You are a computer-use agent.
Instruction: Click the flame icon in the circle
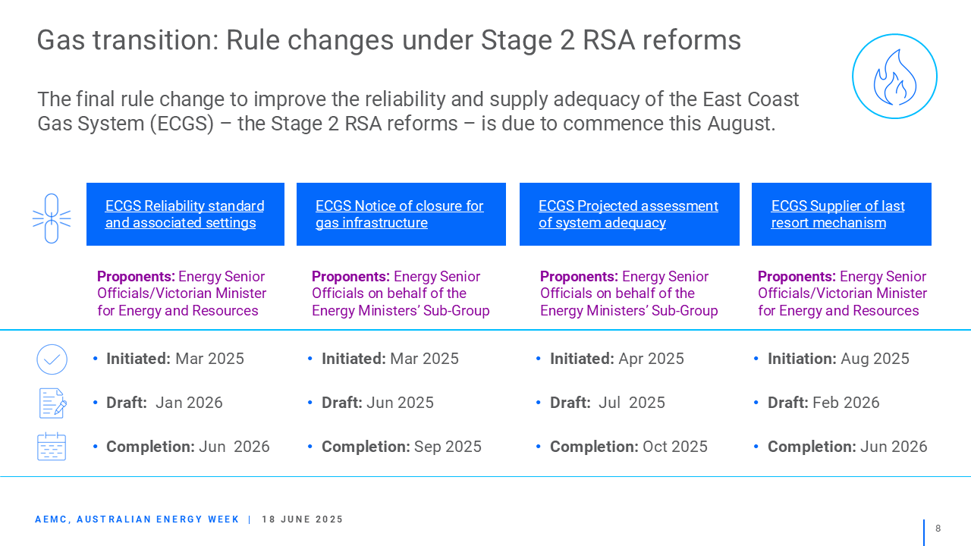[894, 77]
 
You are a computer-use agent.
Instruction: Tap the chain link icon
[52, 218]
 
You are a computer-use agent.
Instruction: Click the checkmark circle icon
[52, 359]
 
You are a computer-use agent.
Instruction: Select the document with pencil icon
[53, 403]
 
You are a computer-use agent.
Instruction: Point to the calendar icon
[52, 447]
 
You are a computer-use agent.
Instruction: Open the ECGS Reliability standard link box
[186, 214]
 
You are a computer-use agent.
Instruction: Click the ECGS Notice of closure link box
[401, 214]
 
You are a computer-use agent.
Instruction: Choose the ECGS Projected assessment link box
[630, 214]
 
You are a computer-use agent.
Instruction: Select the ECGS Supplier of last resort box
[841, 214]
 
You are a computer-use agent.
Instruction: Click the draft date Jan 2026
[189, 403]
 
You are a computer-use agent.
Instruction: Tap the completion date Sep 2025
[448, 447]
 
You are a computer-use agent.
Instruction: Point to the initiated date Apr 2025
[651, 359]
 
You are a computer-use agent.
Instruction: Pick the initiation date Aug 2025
[875, 359]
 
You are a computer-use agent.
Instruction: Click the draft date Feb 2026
[846, 403]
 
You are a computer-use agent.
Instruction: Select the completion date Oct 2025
[675, 447]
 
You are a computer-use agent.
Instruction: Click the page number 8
[938, 529]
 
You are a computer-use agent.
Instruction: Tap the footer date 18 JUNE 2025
[302, 519]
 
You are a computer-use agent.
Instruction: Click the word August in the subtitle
[741, 124]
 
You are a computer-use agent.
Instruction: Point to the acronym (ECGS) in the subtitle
[182, 124]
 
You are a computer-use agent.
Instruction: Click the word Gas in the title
[61, 40]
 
